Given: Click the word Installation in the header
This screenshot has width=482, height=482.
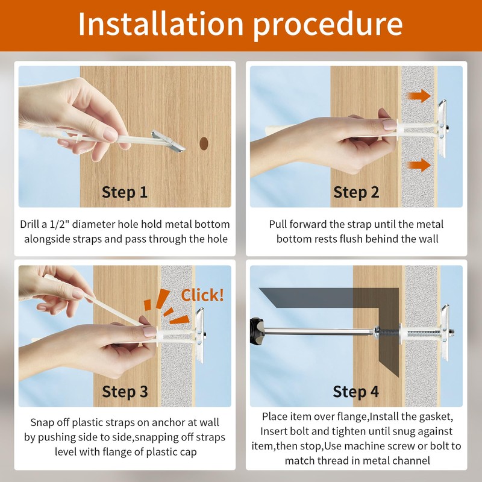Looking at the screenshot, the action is coord(161,23).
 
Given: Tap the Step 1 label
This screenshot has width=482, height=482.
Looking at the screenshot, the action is coord(125,192).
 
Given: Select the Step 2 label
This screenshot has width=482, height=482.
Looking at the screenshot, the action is coord(356,192).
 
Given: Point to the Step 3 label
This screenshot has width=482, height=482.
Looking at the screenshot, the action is coord(125,392).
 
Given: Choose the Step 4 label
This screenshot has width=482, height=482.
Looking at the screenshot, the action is coord(355,392).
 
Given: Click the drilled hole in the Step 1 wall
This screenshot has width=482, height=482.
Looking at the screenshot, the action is coord(204,143).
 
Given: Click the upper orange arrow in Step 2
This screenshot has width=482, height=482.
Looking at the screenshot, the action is coord(419,96).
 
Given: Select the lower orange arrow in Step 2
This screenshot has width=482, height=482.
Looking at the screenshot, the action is coord(419,165).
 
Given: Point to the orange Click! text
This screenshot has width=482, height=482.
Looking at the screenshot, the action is coord(202,295).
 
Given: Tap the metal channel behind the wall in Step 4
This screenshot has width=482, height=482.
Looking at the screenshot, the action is coord(445,333).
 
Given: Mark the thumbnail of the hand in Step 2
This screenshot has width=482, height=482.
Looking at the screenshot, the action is coord(389,125).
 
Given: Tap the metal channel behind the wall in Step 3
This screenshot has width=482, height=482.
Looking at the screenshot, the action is coord(200,335).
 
